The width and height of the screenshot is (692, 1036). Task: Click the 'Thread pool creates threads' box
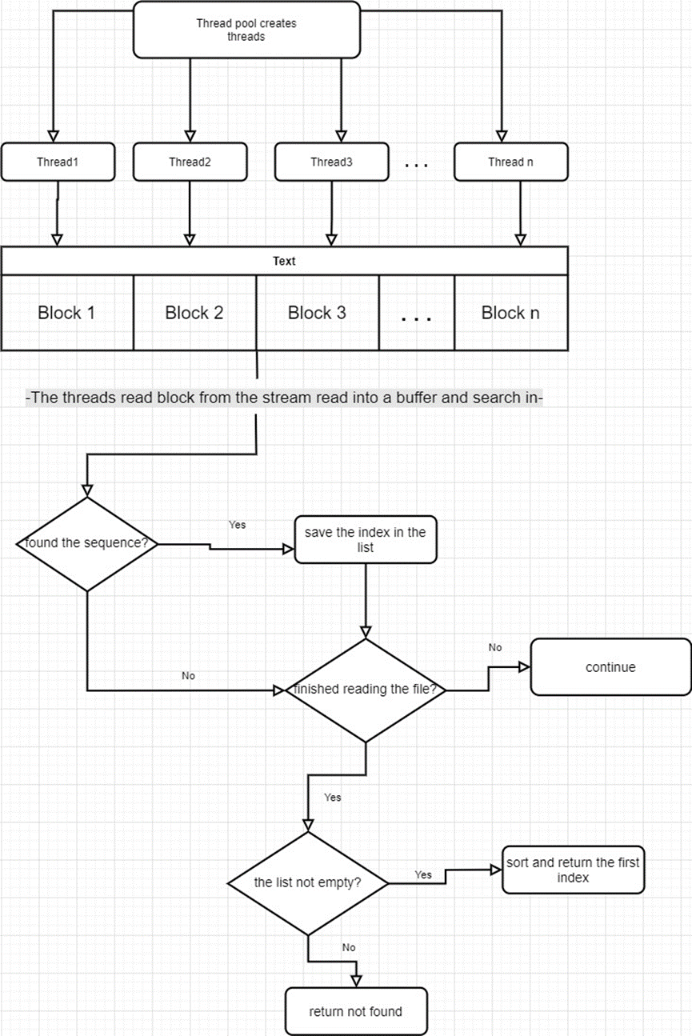pos(246,30)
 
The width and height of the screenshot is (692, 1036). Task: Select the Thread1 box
pos(58,162)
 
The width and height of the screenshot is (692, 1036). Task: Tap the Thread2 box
pos(190,162)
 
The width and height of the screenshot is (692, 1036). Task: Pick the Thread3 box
pos(331,162)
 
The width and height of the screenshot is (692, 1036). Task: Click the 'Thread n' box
pos(510,162)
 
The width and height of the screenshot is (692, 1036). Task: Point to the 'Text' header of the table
pos(284,261)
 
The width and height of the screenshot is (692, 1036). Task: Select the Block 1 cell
pos(66,313)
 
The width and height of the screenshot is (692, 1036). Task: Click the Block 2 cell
pos(194,313)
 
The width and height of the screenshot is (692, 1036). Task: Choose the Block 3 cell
pos(317,313)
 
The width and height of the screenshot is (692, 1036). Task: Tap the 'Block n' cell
pos(510,313)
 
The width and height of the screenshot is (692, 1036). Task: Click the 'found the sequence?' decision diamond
pos(86,544)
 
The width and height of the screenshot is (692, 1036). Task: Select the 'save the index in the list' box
pos(366,539)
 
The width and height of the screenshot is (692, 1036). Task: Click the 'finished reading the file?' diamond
pos(366,690)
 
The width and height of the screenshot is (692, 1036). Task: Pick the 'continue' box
pos(610,667)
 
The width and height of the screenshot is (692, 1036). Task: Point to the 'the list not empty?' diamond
pos(307,883)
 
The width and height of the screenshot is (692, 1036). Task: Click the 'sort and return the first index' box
pos(573,870)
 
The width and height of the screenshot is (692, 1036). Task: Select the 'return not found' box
pos(355,1011)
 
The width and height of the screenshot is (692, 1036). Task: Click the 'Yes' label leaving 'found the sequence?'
pos(238,525)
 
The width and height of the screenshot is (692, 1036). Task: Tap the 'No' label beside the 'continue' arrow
pos(495,647)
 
